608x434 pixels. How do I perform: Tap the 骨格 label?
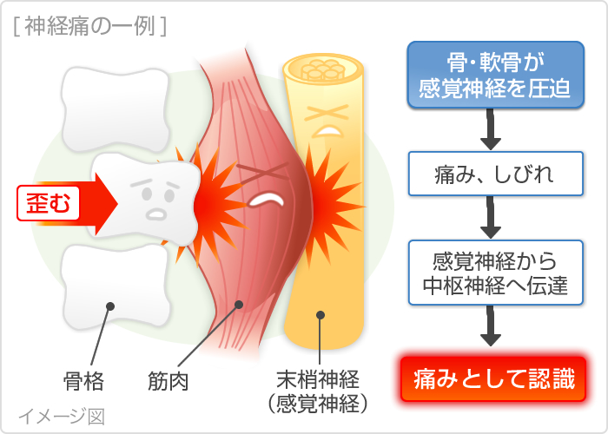point(85,379)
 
